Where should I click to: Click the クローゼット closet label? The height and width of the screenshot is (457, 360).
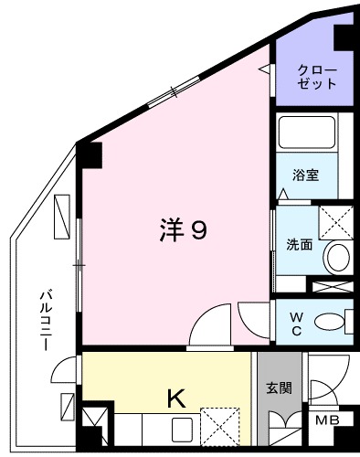click(318, 76)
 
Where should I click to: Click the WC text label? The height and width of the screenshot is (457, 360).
click(297, 323)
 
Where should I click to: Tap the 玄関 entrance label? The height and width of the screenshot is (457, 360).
click(279, 388)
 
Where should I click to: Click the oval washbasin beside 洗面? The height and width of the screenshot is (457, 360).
click(337, 257)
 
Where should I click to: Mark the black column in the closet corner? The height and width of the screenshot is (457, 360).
click(345, 39)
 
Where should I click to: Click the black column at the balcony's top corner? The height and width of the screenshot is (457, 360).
click(89, 155)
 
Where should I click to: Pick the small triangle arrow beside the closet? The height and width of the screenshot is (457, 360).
click(263, 69)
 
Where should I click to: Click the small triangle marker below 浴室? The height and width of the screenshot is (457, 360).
click(284, 195)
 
